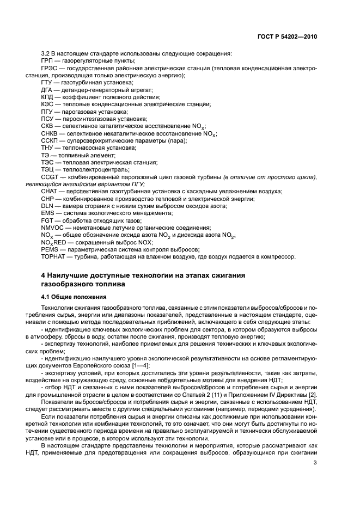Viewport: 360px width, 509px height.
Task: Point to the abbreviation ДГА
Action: pyautogui.click(x=48, y=89)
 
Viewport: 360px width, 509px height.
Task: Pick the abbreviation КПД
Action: pyautogui.click(x=48, y=96)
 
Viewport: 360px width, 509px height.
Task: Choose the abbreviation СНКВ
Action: pyautogui.click(x=50, y=133)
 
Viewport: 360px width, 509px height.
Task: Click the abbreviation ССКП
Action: pyautogui.click(x=50, y=140)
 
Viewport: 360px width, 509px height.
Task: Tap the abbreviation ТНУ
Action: pyautogui.click(x=48, y=148)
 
